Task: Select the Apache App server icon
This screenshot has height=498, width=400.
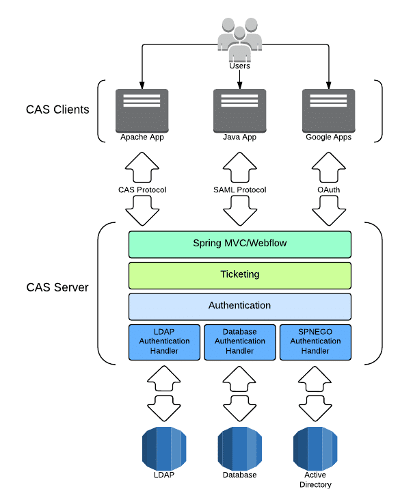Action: pos(142,109)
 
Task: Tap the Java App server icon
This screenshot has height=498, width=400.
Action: pos(239,109)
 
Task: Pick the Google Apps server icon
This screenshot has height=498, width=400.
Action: pos(328,109)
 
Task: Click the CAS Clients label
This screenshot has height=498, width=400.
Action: pos(57,109)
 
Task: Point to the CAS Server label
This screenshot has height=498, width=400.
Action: pos(57,287)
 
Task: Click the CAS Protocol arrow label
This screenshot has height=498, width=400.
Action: pos(142,189)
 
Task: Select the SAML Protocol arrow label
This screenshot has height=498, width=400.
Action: pos(239,189)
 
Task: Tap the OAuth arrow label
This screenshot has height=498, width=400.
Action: pos(328,189)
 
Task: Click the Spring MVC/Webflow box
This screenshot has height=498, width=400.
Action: pos(239,244)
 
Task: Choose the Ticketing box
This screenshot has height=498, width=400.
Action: pos(239,274)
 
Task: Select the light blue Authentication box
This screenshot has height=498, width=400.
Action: pos(239,306)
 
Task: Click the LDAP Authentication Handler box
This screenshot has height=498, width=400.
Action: pos(164,341)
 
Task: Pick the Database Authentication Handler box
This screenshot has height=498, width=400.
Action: pos(239,341)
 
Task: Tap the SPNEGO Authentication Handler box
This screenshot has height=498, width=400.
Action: pos(315,341)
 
